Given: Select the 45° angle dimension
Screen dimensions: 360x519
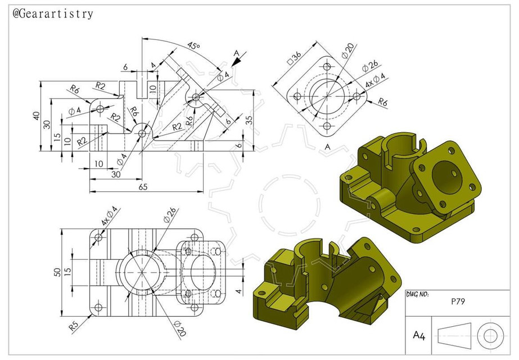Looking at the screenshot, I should pyautogui.click(x=194, y=46).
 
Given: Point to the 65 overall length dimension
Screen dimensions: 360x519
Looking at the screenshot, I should pyautogui.click(x=143, y=187).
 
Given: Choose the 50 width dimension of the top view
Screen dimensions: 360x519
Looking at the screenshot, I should pyautogui.click(x=56, y=272).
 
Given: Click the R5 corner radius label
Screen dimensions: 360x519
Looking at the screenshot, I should pyautogui.click(x=73, y=326).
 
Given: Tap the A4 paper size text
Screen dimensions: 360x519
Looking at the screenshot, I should pyautogui.click(x=419, y=336).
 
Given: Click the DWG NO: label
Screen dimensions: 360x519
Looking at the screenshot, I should pyautogui.click(x=418, y=295).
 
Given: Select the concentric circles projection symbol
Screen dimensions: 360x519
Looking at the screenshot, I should pyautogui.click(x=488, y=336).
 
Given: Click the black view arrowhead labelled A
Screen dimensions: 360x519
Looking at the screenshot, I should pyautogui.click(x=234, y=64).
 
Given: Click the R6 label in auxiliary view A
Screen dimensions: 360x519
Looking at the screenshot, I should pyautogui.click(x=383, y=102).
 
